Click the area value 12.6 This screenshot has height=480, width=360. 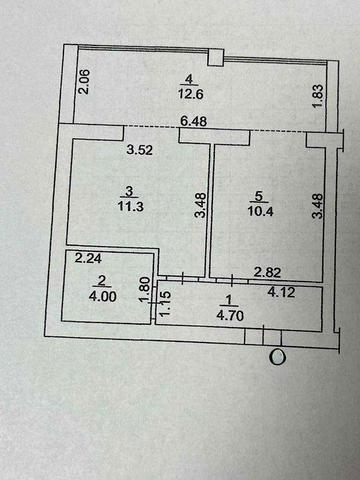(189, 95)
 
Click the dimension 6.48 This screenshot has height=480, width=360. (194, 123)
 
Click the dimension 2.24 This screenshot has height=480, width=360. (89, 257)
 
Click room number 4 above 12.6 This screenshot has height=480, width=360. (189, 79)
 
